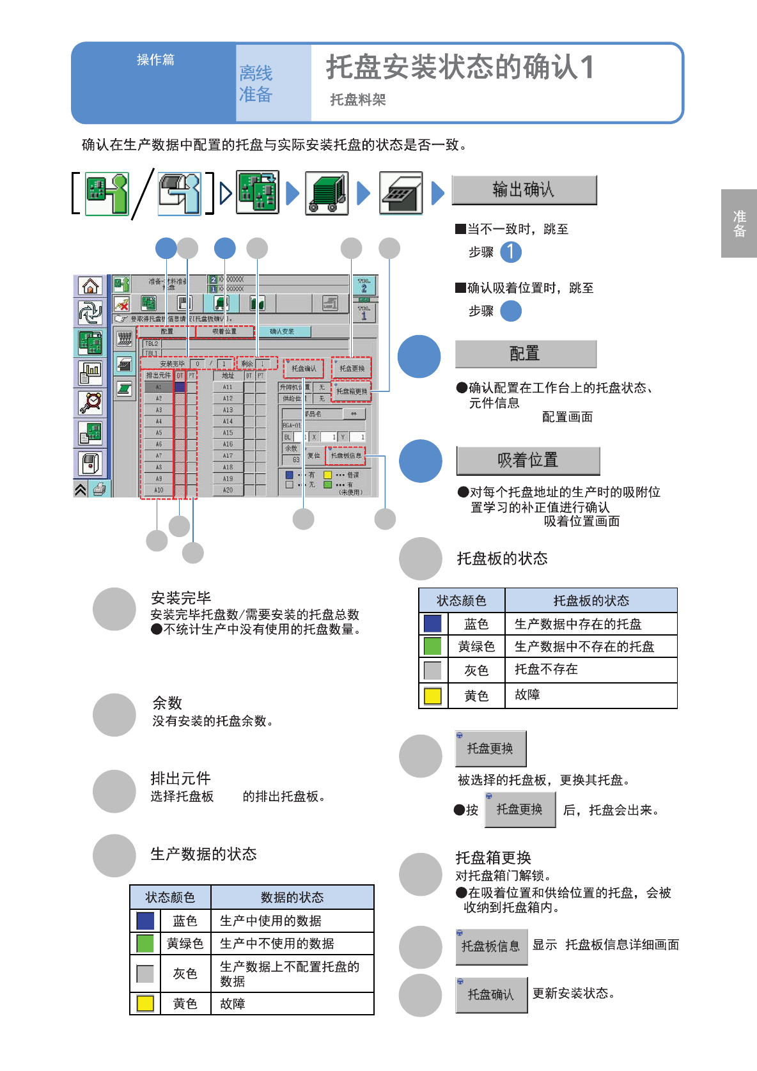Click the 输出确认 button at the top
pos(524,190)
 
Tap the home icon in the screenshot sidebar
pos(90,286)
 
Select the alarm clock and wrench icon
pos(90,403)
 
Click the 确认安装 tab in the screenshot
pos(282,331)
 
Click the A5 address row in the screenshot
pos(159,433)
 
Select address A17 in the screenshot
pos(228,456)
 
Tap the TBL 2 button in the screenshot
pos(364,285)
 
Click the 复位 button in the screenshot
pos(314,455)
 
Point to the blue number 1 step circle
pos(510,252)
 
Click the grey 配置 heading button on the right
pos(525,354)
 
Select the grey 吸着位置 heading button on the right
pos(527,460)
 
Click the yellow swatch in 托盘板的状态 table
pos(433,696)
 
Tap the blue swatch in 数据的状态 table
pos(145,921)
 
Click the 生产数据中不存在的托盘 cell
pos(584,646)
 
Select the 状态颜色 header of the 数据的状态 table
pos(170,897)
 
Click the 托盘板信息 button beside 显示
pos(491,946)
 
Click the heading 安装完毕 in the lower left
pos(181,598)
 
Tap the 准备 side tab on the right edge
pos(739,223)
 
